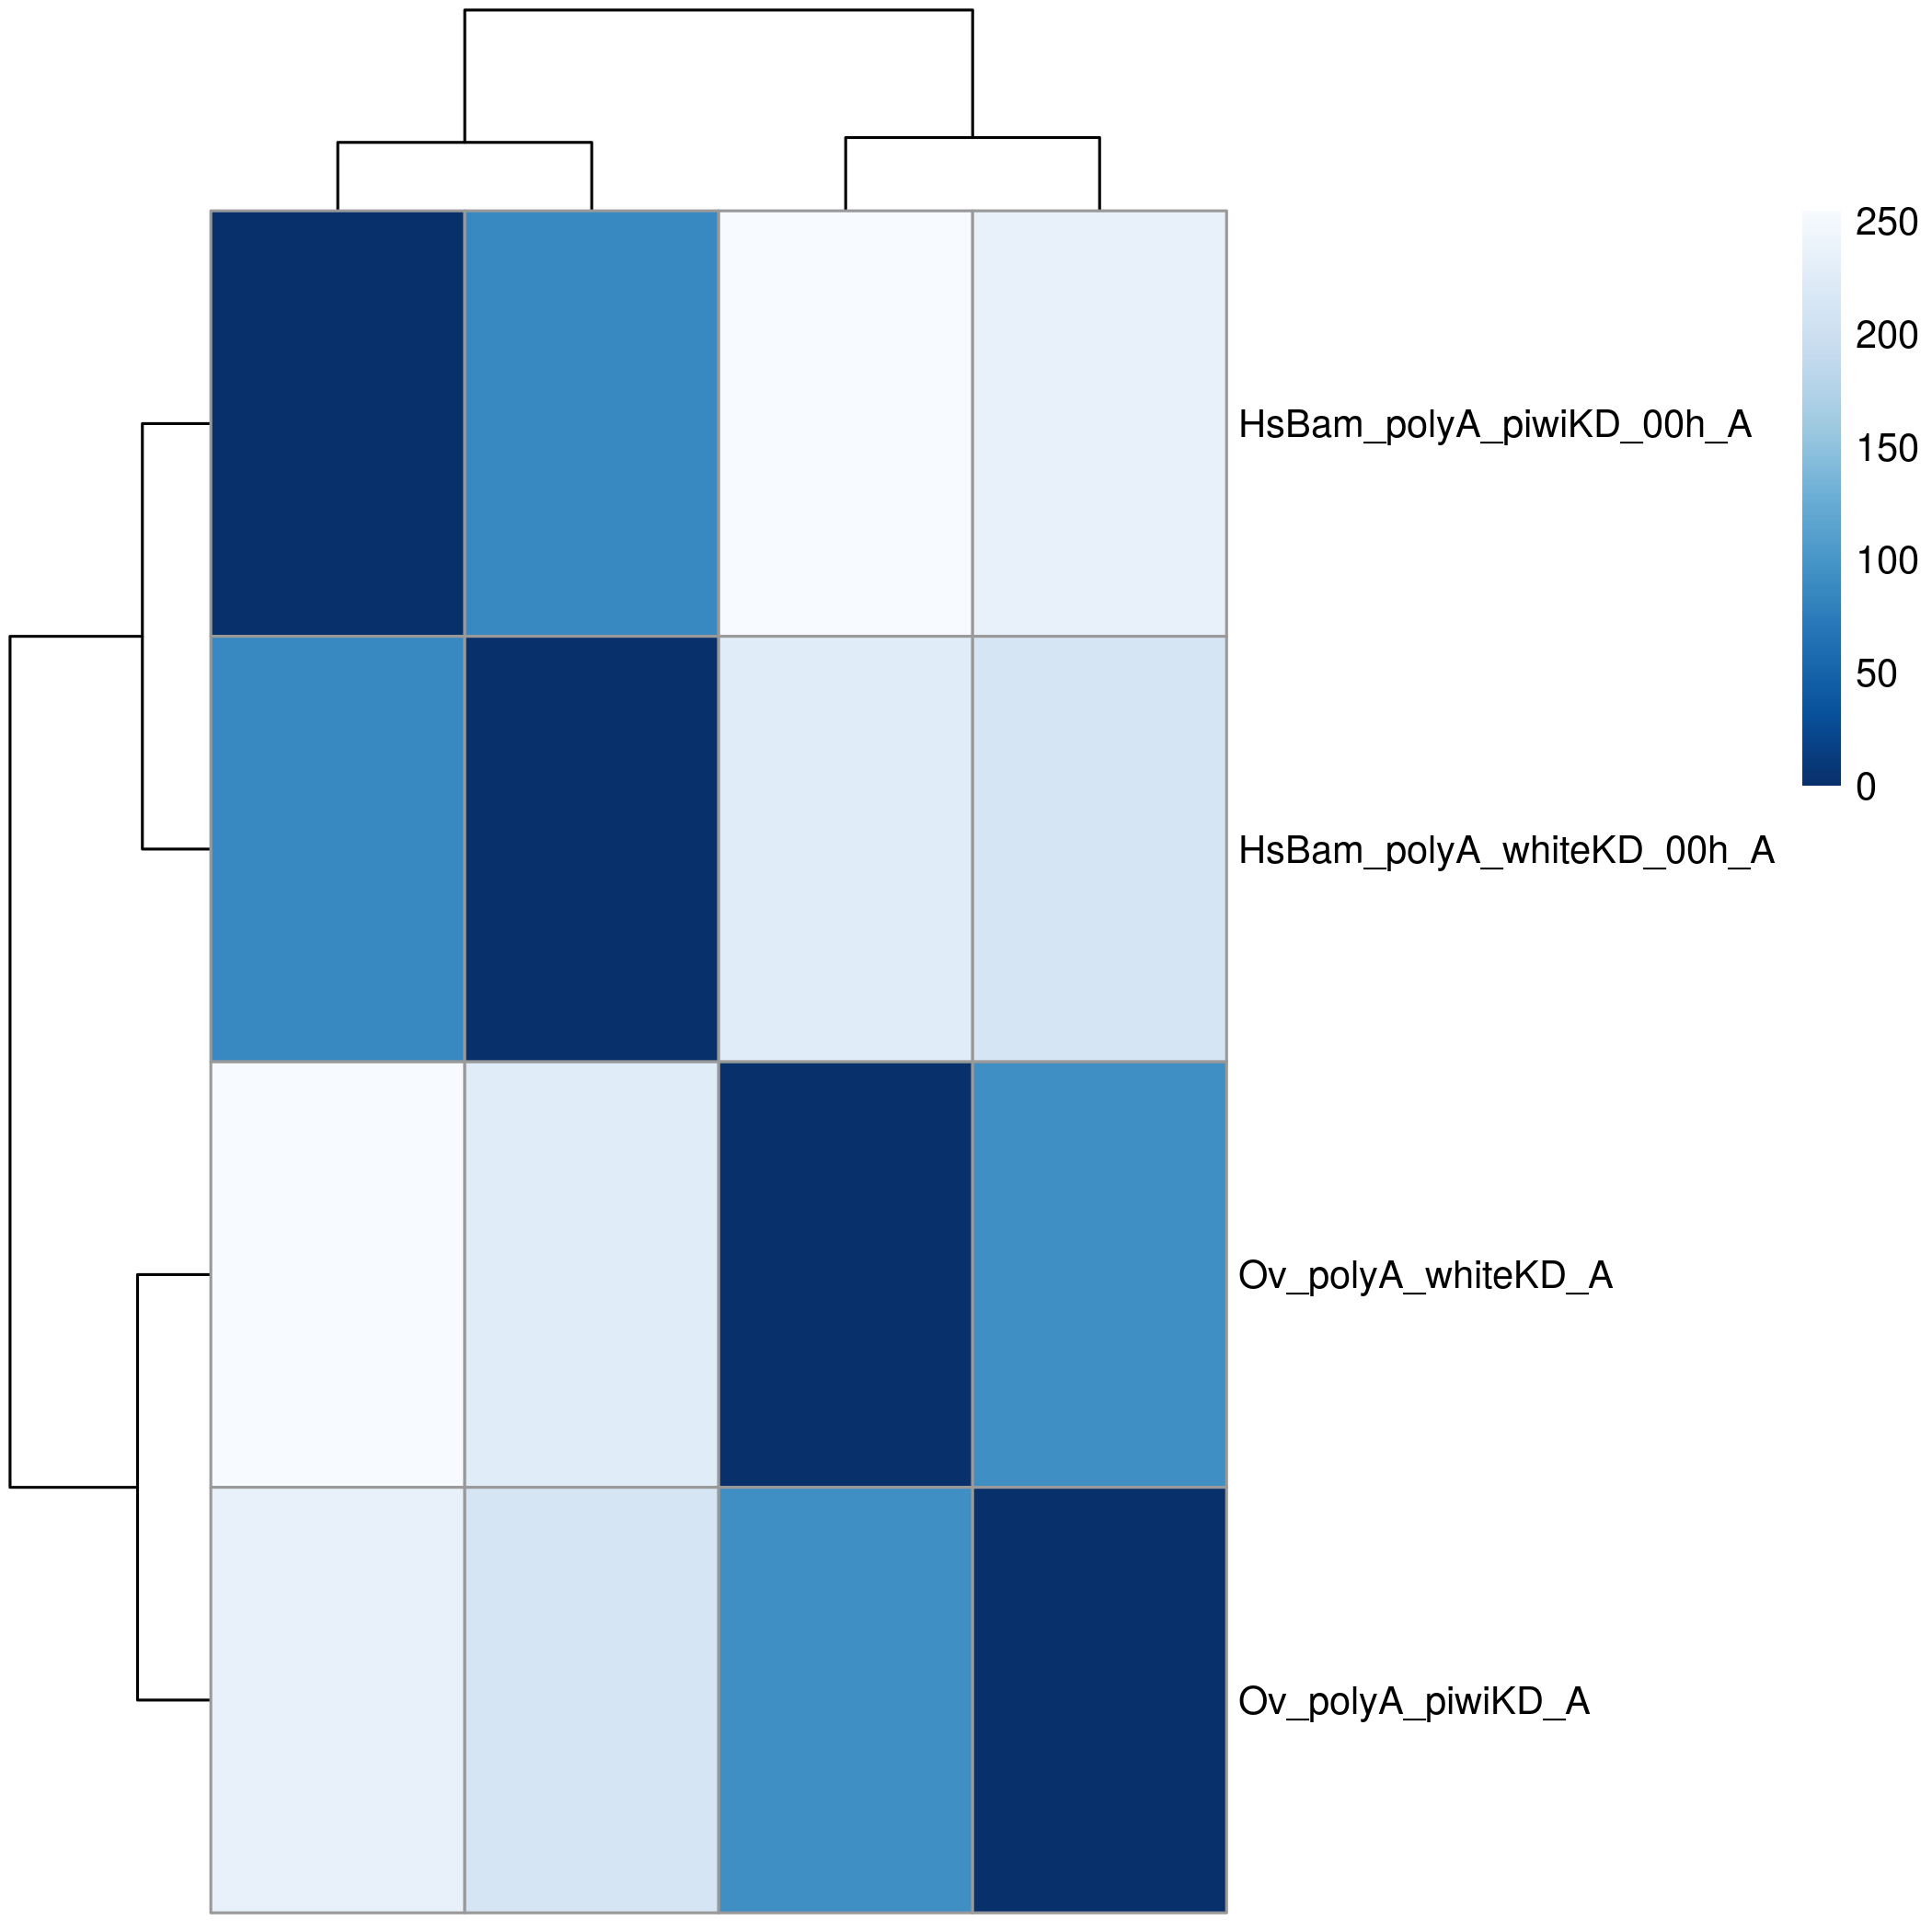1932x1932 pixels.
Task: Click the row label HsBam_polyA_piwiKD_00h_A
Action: click(x=1494, y=425)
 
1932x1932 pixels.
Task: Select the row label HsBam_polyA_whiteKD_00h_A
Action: click(x=1506, y=850)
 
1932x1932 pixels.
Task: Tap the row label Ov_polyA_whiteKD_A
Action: click(x=1425, y=1275)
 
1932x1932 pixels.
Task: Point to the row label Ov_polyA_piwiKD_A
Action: click(x=1413, y=1701)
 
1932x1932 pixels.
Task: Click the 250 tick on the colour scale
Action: click(x=1886, y=222)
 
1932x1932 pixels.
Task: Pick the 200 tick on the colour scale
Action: click(x=1886, y=335)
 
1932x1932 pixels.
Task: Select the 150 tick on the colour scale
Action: click(x=1886, y=448)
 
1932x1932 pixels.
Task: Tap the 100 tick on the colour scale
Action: click(x=1886, y=561)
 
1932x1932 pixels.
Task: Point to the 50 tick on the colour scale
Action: click(x=1876, y=674)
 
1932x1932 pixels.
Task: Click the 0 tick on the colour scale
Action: click(x=1866, y=787)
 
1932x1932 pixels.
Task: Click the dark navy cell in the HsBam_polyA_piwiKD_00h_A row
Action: click(x=337, y=423)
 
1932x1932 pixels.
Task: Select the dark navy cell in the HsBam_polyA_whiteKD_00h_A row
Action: click(x=591, y=848)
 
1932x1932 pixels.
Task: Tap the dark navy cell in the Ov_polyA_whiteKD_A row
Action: click(x=845, y=1274)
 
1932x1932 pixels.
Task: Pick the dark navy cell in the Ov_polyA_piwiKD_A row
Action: click(x=1099, y=1700)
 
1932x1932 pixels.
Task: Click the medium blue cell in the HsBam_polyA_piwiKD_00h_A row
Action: click(x=591, y=423)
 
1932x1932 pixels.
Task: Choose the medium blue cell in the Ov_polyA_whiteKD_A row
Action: click(x=1099, y=1274)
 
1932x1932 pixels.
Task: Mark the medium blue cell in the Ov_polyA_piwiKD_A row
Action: click(x=845, y=1700)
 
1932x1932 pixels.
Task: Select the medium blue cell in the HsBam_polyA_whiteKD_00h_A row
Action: click(x=337, y=848)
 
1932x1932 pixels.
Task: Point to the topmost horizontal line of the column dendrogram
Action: click(x=718, y=10)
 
